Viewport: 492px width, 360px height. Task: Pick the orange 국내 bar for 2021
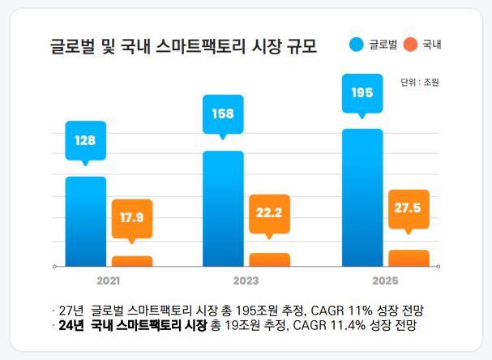[132, 261]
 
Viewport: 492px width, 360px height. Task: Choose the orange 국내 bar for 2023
[269, 259]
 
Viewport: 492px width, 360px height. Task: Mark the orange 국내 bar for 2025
[409, 258]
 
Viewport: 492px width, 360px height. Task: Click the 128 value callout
[85, 140]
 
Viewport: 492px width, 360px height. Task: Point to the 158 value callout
[223, 114]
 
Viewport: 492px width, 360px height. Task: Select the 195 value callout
[362, 92]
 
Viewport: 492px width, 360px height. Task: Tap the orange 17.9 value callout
[132, 217]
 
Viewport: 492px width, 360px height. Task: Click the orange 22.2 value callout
[269, 212]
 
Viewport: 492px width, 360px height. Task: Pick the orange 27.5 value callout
[408, 208]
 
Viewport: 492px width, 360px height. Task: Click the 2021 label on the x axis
[109, 281]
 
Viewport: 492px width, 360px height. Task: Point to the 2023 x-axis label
[246, 281]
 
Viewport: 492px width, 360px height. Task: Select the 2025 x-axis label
[384, 281]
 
